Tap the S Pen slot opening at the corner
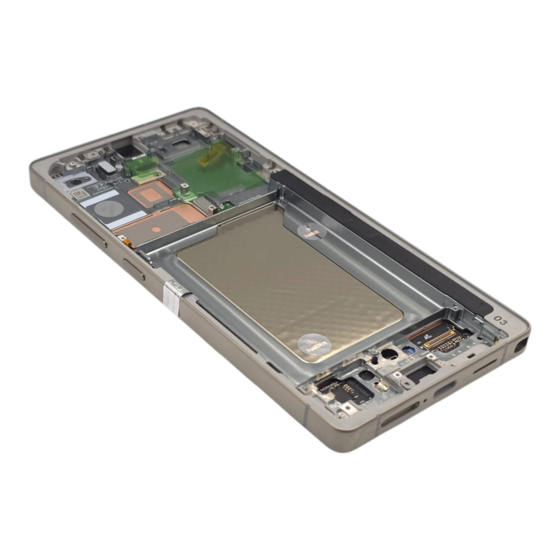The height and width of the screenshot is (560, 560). click(x=522, y=346)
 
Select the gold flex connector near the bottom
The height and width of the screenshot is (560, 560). click(x=438, y=337)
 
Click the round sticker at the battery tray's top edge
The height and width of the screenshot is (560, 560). click(x=312, y=230)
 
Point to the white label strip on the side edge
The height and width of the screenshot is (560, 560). click(x=170, y=295)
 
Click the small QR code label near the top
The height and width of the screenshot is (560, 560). click(x=79, y=193)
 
